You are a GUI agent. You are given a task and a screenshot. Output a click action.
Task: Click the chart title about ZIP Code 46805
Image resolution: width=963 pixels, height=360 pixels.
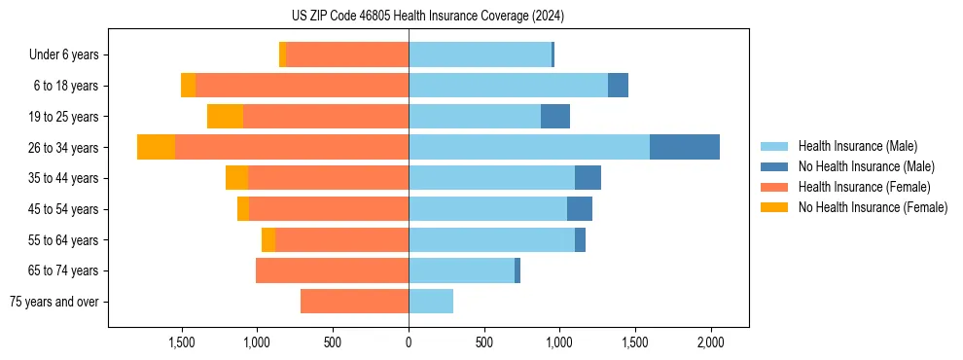pos(428,17)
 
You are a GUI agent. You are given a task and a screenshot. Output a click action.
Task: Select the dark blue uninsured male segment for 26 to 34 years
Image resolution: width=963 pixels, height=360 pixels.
pos(684,147)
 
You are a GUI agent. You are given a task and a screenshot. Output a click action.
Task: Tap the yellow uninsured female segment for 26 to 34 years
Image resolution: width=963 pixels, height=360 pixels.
pos(156,147)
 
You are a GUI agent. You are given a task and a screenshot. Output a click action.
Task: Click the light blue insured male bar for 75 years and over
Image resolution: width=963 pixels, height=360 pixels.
pos(431,302)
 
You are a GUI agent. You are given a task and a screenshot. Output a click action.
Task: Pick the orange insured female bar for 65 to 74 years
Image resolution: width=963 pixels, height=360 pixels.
pos(332,270)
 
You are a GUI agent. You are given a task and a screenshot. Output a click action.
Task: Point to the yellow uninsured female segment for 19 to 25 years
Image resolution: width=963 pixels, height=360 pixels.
pos(225,117)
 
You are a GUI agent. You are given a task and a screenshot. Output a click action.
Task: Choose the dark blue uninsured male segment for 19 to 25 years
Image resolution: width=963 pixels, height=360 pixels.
pos(555,117)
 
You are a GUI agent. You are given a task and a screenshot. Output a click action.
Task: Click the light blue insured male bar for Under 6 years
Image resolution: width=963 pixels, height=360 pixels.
pos(480,54)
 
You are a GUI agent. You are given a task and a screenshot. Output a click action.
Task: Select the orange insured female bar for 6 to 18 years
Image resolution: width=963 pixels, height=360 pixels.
pos(302,86)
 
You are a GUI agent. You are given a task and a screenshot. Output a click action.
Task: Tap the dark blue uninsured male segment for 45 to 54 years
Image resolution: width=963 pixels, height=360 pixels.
pos(580,209)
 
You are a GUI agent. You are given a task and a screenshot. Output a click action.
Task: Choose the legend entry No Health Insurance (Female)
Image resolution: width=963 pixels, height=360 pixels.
pos(873,207)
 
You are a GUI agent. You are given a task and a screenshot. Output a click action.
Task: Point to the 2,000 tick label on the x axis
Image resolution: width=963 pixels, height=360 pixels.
pos(711,343)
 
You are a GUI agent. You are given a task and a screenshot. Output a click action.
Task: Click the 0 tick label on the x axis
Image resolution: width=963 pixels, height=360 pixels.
pos(409,343)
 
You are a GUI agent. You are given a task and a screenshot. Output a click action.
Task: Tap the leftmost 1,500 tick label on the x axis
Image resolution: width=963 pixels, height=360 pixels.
pos(182,343)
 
